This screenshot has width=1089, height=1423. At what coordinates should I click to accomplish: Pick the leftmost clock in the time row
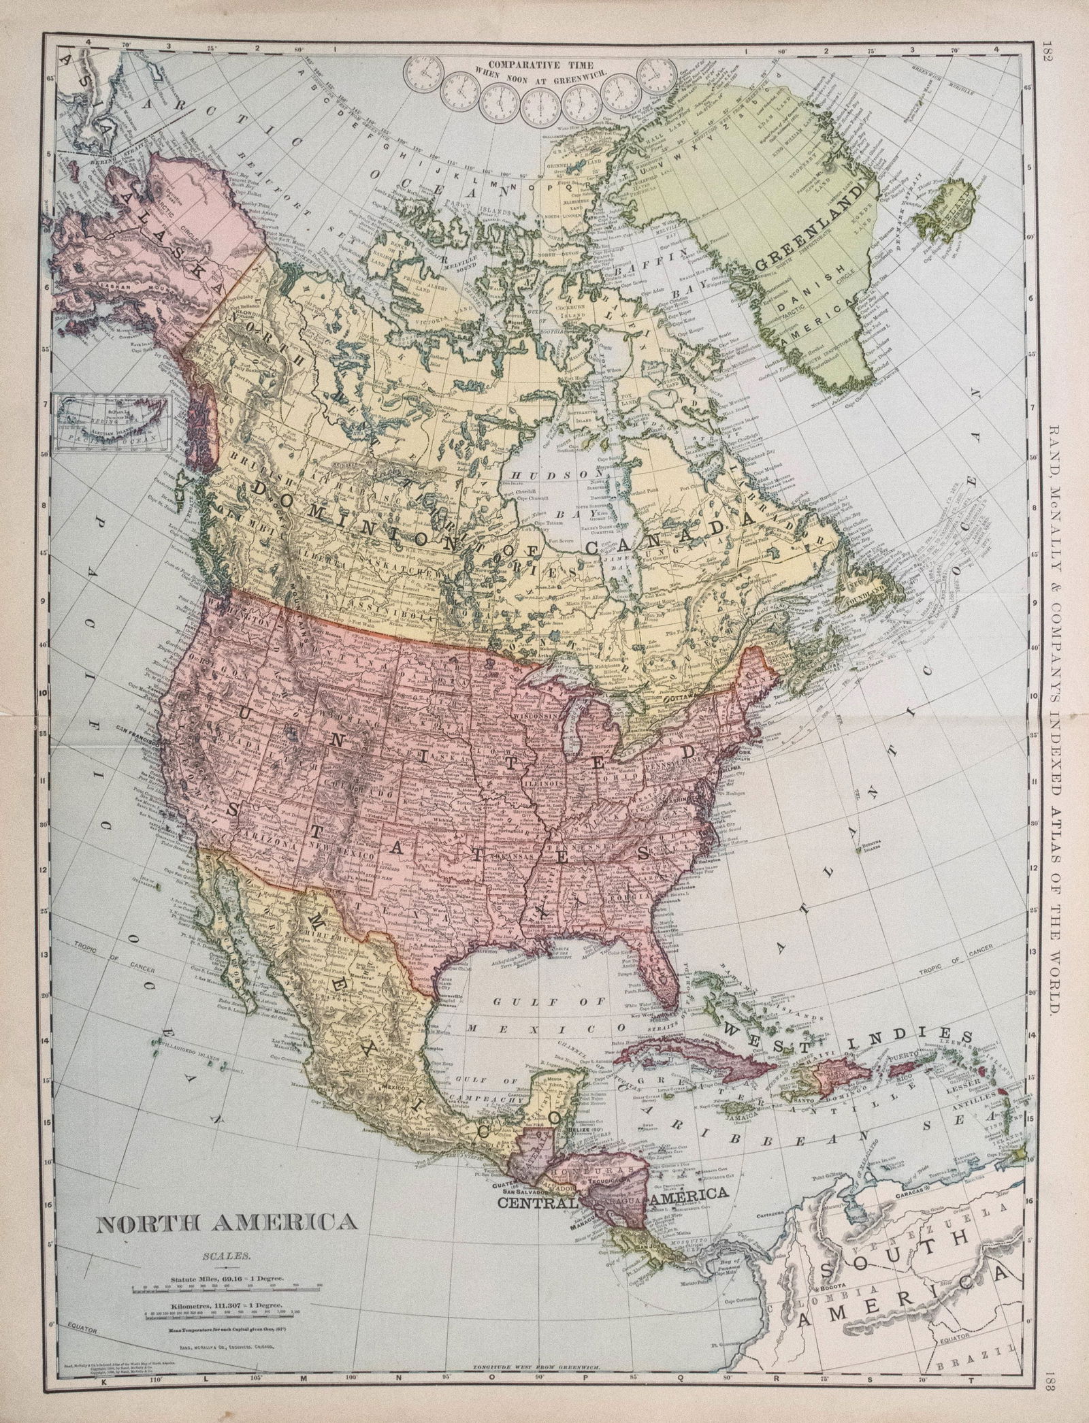point(423,71)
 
